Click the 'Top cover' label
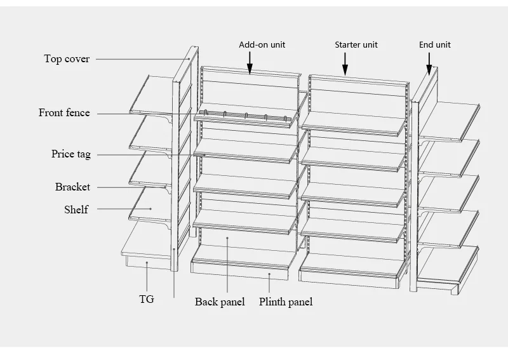click(x=67, y=59)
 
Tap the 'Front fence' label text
click(x=64, y=113)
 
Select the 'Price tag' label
click(x=71, y=154)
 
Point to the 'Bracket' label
click(x=72, y=187)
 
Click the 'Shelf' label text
click(x=76, y=210)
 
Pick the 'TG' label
click(x=147, y=299)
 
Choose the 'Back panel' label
click(x=220, y=302)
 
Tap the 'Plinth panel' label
click(x=286, y=302)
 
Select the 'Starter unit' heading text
click(x=356, y=45)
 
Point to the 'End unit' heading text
click(x=435, y=45)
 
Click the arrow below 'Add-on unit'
click(x=250, y=62)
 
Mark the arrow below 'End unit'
click(x=429, y=63)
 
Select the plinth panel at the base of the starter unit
click(x=351, y=272)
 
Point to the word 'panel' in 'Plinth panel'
click(x=299, y=302)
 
